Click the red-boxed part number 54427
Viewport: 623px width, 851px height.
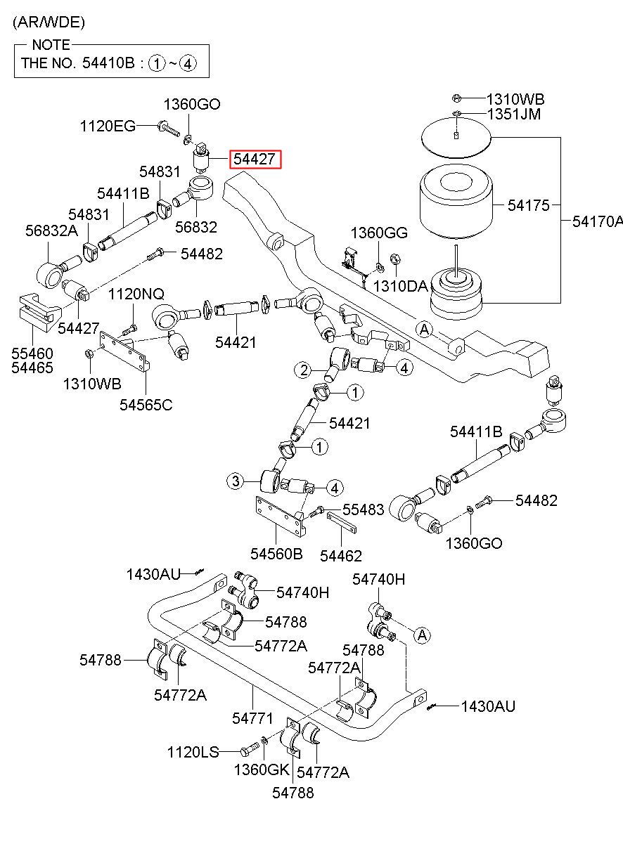(255, 160)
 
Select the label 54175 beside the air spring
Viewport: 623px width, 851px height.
(528, 205)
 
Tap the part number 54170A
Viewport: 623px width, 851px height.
(598, 221)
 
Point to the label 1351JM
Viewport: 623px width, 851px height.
(514, 114)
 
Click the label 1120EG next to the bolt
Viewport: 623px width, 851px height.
(108, 126)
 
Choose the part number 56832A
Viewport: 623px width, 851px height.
(51, 230)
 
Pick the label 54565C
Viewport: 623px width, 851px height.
(146, 405)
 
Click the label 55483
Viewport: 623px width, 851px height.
(364, 509)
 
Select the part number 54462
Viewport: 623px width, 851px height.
(340, 556)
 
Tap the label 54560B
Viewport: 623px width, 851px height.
(276, 554)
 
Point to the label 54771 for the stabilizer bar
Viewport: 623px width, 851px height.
(252, 718)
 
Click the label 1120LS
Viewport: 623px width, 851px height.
(193, 752)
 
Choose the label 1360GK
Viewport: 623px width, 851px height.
(262, 769)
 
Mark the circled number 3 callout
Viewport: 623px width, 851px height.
(236, 481)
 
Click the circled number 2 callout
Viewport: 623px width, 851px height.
(304, 370)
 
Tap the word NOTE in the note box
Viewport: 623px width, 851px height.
(51, 45)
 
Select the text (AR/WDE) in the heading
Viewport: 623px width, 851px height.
(49, 22)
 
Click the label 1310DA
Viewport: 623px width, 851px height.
(401, 286)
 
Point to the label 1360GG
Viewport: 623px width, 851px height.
(379, 233)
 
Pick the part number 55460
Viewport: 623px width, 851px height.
(32, 353)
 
